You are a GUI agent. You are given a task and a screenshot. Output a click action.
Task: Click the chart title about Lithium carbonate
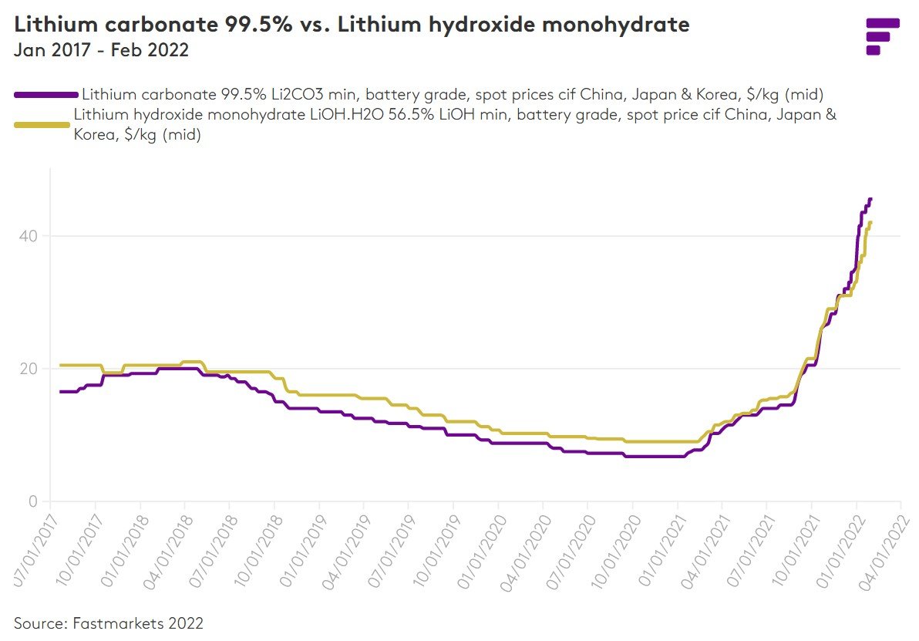(x=352, y=25)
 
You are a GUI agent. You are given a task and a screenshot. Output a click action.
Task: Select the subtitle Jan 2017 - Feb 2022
(x=102, y=51)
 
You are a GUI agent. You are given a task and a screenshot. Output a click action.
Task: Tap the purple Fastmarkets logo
(x=882, y=36)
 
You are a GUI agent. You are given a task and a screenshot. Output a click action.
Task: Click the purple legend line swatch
(x=45, y=95)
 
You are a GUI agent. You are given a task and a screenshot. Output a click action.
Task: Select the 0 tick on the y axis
(x=33, y=501)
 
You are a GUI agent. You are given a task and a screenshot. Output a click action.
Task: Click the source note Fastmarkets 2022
(x=108, y=622)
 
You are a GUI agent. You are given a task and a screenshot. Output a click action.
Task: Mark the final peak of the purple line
(x=870, y=199)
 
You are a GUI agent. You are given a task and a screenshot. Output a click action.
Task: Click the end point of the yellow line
(x=870, y=223)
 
